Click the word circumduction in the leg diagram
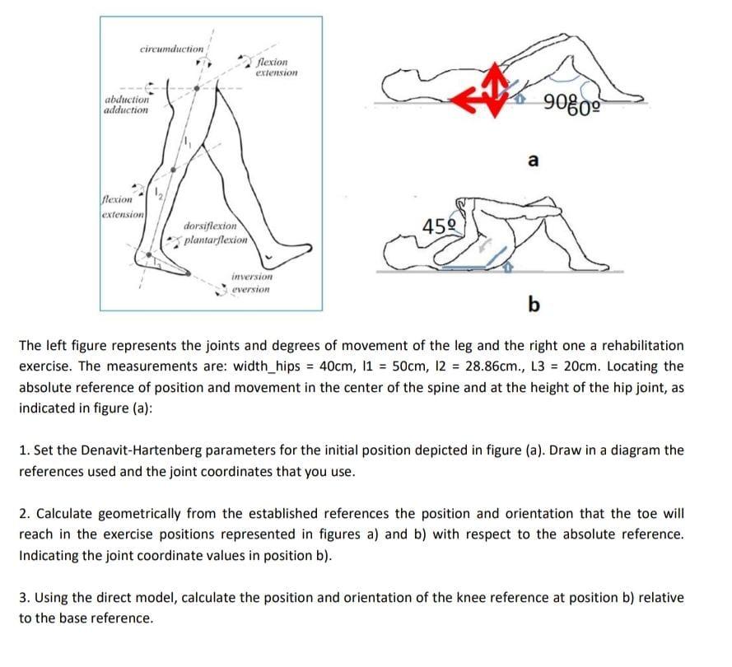pyautogui.click(x=170, y=49)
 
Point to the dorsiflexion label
pyautogui.click(x=210, y=226)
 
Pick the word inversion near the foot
pyautogui.click(x=252, y=277)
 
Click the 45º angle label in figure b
pyautogui.click(x=437, y=226)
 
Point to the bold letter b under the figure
pyautogui.click(x=534, y=306)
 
